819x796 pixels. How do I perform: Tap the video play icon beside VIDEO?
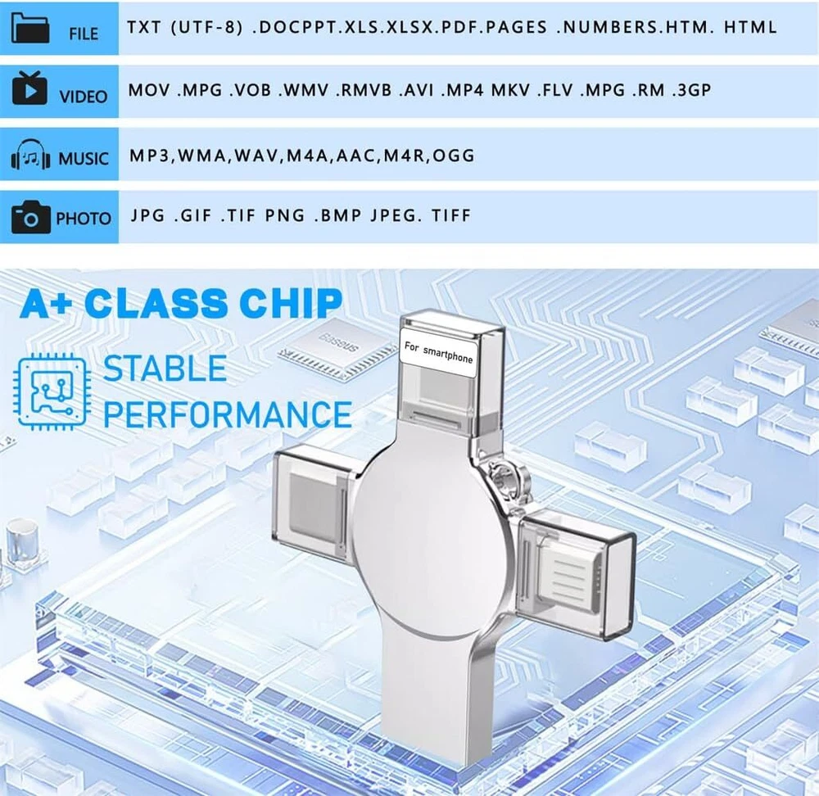(x=29, y=88)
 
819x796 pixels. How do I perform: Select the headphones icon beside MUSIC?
(x=31, y=154)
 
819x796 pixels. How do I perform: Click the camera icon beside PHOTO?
(x=31, y=216)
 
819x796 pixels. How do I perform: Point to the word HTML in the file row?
(x=750, y=27)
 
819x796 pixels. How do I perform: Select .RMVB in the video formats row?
(x=364, y=90)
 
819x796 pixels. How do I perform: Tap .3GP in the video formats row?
(x=691, y=90)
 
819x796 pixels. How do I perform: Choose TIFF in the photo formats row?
(x=451, y=215)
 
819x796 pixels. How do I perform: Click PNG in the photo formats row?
(x=285, y=215)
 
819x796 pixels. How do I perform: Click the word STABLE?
(x=165, y=369)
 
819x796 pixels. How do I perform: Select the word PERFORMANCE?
(x=227, y=414)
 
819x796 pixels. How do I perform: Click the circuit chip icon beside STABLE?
(x=51, y=391)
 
